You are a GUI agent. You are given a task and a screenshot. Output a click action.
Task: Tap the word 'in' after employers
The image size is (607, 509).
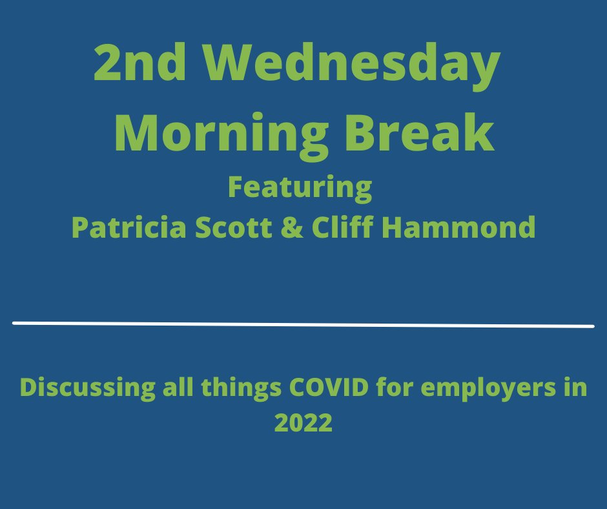pos(577,388)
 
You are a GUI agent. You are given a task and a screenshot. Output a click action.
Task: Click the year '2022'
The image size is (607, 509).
pos(303,423)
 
